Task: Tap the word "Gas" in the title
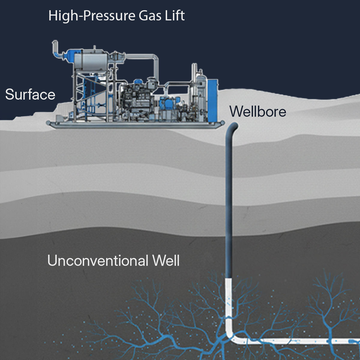[x=149, y=16]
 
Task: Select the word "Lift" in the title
[x=175, y=16]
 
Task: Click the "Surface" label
[x=30, y=95]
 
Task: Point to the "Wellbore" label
[x=258, y=112]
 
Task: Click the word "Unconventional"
[x=97, y=260]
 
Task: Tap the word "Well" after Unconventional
[x=166, y=260]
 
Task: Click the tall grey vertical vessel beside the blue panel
[x=200, y=90]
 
